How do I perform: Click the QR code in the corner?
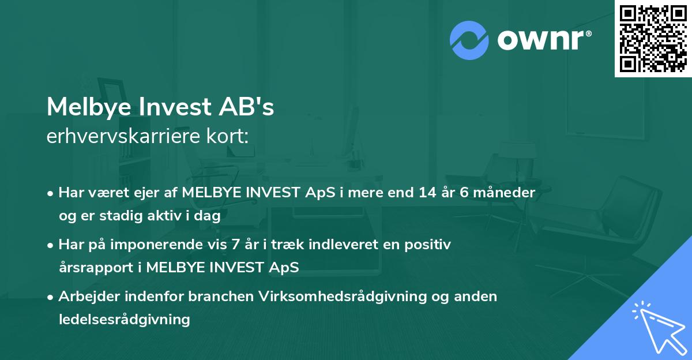pyautogui.click(x=653, y=38)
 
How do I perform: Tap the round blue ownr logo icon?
pyautogui.click(x=469, y=40)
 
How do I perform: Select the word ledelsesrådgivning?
pyautogui.click(x=125, y=319)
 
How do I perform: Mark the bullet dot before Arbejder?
pyautogui.click(x=51, y=297)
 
